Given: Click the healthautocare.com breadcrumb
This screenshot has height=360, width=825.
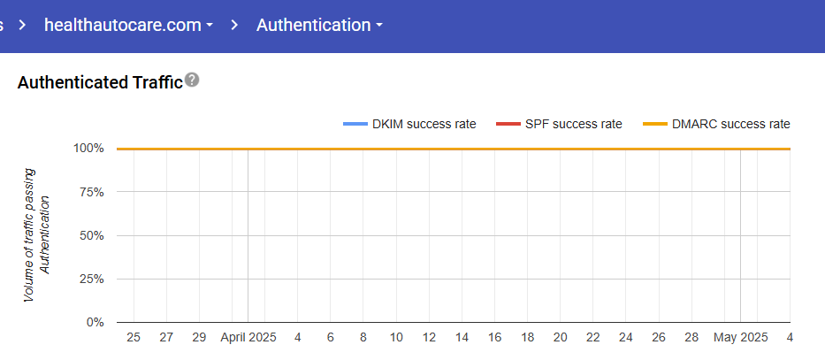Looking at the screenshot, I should (128, 25).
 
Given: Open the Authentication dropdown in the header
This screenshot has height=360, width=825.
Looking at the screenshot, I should (319, 25).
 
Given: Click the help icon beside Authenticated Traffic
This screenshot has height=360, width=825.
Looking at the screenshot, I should (192, 80).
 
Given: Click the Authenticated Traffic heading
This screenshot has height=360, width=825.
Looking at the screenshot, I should (99, 82).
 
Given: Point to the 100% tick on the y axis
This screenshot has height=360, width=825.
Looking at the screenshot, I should (89, 149).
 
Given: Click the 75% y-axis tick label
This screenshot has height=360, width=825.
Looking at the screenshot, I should (92, 192).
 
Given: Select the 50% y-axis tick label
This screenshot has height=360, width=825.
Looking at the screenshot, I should (92, 235).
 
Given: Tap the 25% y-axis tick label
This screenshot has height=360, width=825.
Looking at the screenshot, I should (92, 279).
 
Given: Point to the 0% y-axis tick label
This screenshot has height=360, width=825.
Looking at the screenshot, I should (95, 322).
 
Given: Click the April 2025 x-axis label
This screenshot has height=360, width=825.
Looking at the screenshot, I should (248, 338).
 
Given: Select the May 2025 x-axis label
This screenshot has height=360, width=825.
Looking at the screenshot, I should (740, 338).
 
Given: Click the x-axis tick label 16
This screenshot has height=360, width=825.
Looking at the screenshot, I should (494, 338).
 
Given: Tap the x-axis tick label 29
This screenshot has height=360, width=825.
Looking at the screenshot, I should (199, 338).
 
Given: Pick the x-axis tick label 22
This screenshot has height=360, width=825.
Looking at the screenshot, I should (592, 338).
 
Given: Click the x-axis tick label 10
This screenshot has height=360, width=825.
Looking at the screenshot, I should (396, 338).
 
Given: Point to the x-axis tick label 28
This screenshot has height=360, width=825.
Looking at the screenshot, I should (691, 338).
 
